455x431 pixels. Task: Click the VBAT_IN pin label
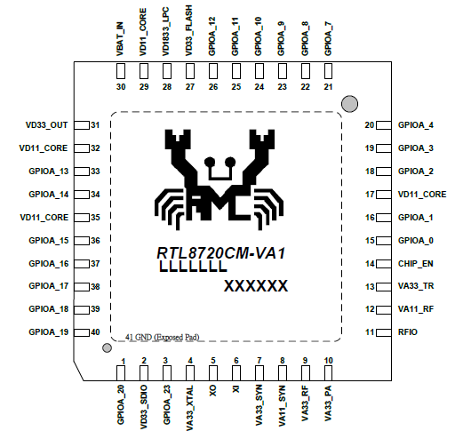point(120,39)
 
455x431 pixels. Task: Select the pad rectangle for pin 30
point(121,71)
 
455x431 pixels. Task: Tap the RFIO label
point(408,332)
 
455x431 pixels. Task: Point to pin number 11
point(370,332)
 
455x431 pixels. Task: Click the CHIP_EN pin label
point(416,264)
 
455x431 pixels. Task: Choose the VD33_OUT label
point(47,125)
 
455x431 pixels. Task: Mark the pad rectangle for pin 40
point(82,332)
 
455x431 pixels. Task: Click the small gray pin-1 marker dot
point(107,347)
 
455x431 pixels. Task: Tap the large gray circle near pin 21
point(349,104)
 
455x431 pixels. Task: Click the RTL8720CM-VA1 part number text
point(221,253)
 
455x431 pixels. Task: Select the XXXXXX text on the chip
point(256,286)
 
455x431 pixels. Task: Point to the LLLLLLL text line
point(193,267)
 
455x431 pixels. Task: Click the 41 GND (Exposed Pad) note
point(163,337)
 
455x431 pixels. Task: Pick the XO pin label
point(213,391)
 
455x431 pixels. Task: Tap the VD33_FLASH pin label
point(189,30)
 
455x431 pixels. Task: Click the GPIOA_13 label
point(49,172)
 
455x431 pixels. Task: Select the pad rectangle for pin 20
point(384,125)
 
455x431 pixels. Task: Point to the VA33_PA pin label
point(328,403)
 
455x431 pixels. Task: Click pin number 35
point(95,218)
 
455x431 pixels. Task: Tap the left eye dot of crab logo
point(210,162)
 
